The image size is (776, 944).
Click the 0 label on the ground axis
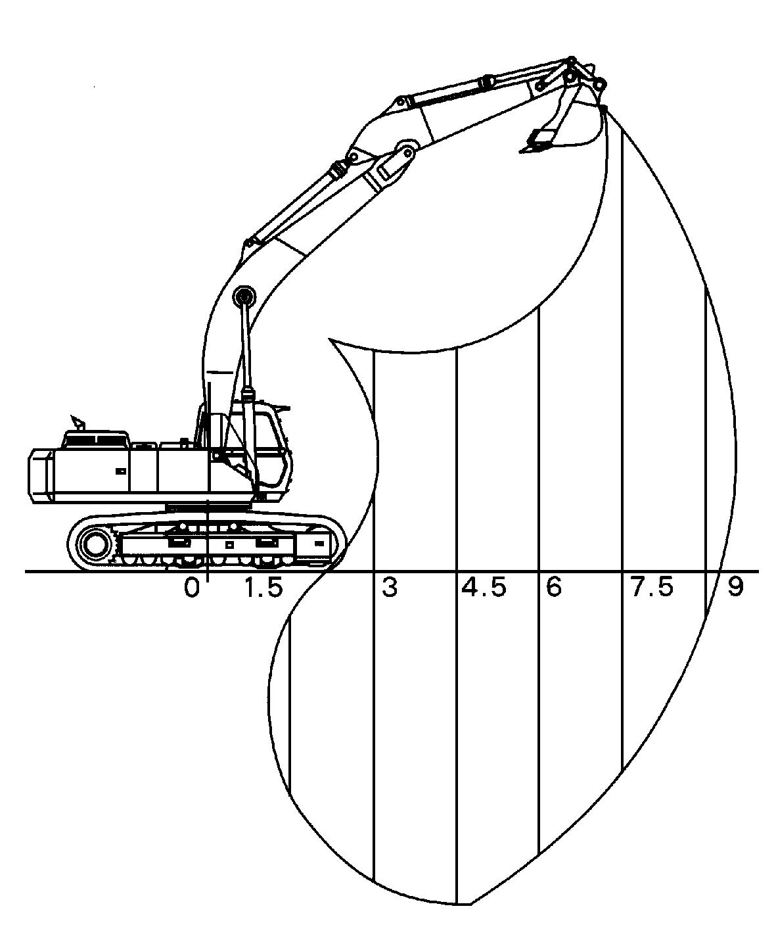pyautogui.click(x=191, y=588)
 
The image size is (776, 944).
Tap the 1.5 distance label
pyautogui.click(x=263, y=588)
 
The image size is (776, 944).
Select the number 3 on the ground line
pyautogui.click(x=390, y=588)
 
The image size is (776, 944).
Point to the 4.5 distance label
pyautogui.click(x=484, y=588)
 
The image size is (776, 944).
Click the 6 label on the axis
pyautogui.click(x=554, y=588)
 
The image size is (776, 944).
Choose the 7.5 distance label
pyautogui.click(x=652, y=588)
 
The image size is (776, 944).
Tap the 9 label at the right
pyautogui.click(x=735, y=588)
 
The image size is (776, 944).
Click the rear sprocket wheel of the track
pyautogui.click(x=95, y=544)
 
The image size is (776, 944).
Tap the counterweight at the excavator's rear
pyautogui.click(x=40, y=475)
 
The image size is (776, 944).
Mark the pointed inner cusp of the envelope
pyautogui.click(x=329, y=340)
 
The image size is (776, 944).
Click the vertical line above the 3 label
pyautogui.click(x=373, y=460)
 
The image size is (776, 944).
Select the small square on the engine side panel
pyautogui.click(x=120, y=471)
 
